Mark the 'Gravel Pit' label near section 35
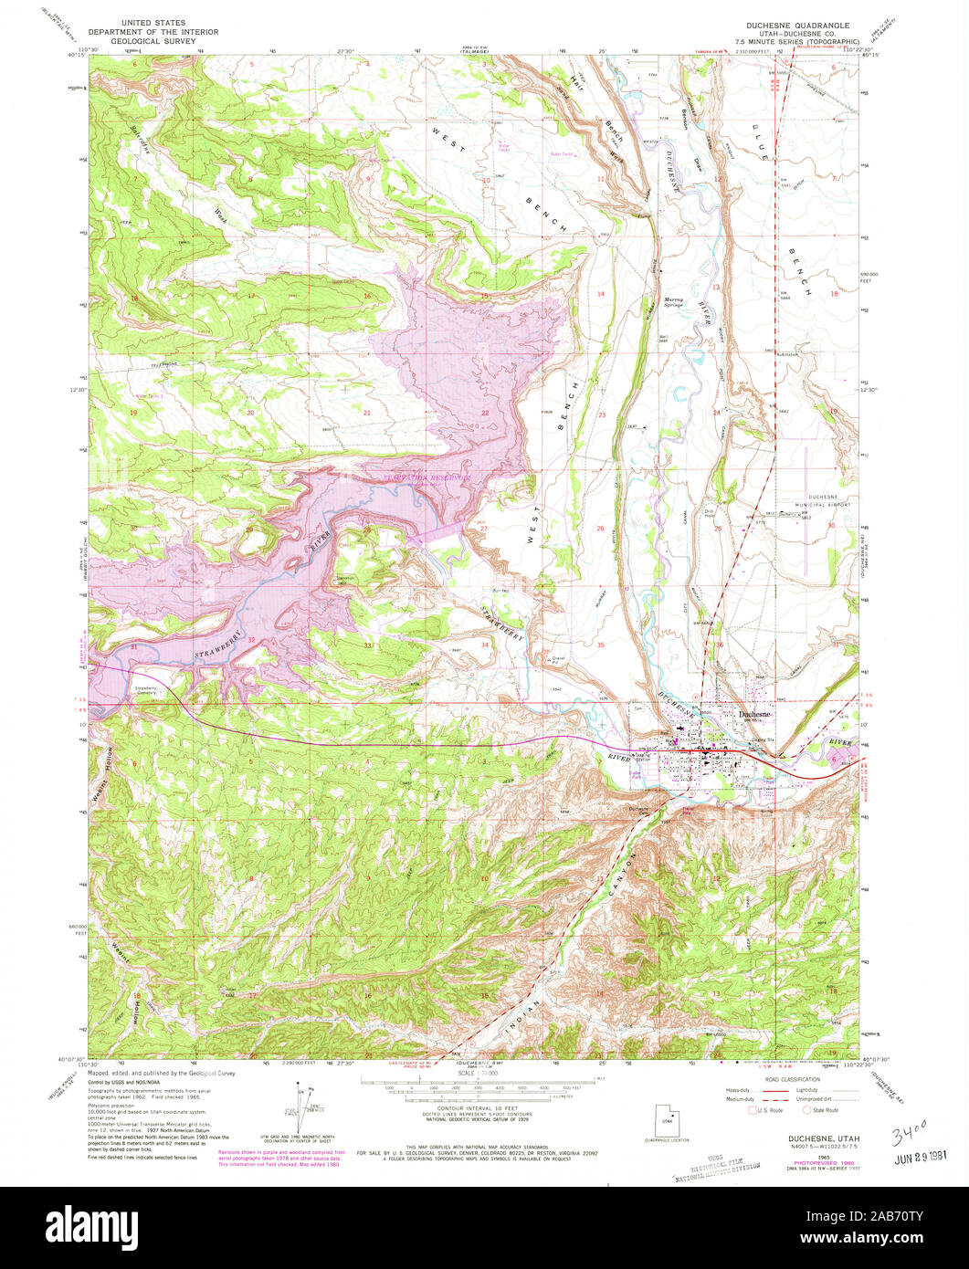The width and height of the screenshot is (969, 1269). [x=560, y=659]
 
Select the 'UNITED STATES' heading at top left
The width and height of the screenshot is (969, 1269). [x=158, y=22]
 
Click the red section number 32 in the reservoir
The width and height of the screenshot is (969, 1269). [x=251, y=640]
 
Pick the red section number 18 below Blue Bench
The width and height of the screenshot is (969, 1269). [x=834, y=293]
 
